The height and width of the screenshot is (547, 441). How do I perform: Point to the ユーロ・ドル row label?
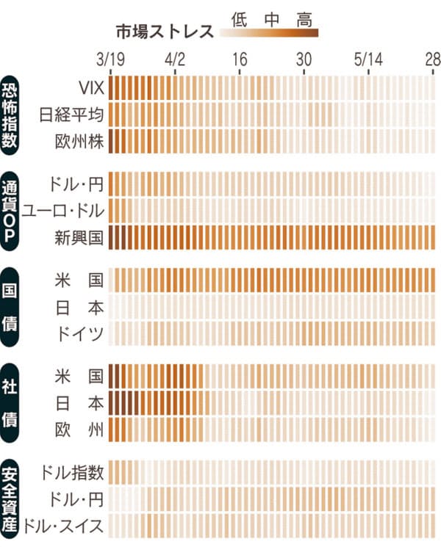[x=63, y=211]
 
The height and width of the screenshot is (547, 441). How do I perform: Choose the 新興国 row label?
[x=79, y=236]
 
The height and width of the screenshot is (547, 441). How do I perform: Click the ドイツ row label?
[x=79, y=333]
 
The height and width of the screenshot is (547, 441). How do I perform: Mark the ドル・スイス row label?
[x=63, y=524]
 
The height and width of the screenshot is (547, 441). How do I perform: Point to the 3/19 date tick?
[x=111, y=58]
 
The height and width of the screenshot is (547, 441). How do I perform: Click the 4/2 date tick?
[x=176, y=58]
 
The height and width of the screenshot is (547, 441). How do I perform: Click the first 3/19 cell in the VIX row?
[x=113, y=88]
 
